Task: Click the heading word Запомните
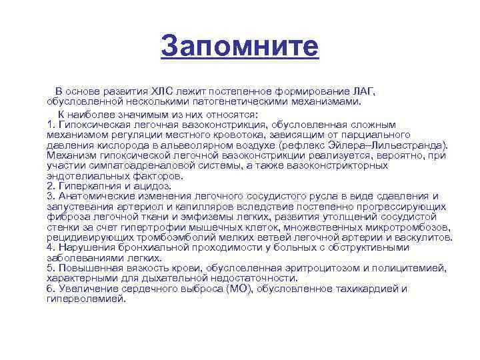240,47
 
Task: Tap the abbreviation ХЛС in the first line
164,91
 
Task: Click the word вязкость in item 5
134,268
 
